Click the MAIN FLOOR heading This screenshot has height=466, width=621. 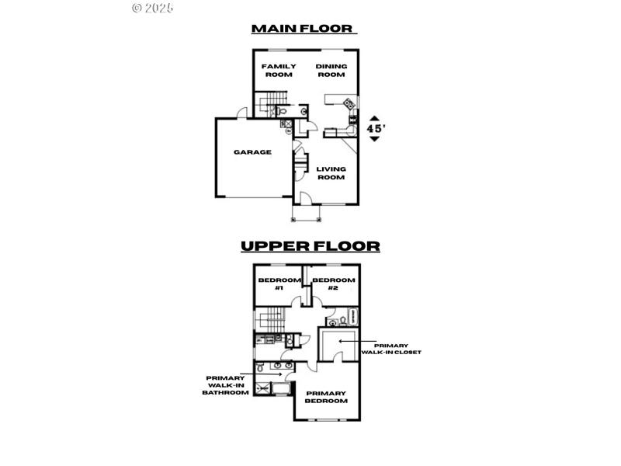(303, 29)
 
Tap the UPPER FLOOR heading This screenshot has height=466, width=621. (310, 246)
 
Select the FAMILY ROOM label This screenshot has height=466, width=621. (278, 71)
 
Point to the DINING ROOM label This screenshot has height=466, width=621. (331, 71)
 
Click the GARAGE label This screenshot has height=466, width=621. (253, 152)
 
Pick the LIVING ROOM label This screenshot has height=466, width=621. (331, 172)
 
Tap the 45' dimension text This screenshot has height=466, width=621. (375, 128)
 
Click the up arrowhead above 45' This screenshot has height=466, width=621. (375, 116)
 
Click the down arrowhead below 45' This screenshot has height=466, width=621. (375, 140)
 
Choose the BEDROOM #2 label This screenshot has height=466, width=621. (334, 283)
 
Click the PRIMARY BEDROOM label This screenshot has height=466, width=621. (326, 397)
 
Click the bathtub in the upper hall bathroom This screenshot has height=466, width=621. (354, 315)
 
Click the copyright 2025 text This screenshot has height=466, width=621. (153, 8)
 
